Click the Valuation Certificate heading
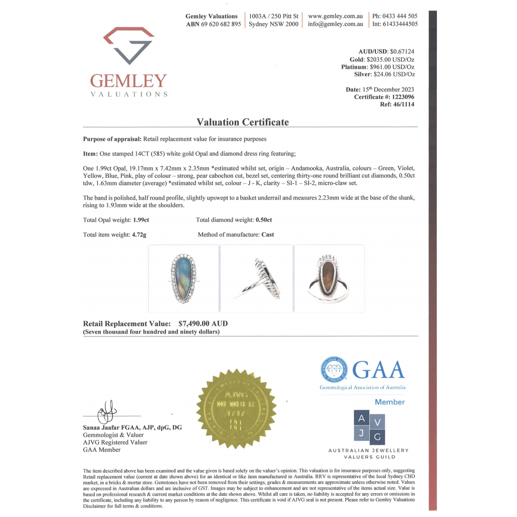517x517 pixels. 242,122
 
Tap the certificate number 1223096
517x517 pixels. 401,97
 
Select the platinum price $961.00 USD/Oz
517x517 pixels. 392,67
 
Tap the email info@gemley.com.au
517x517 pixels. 335,24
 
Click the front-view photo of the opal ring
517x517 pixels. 184,279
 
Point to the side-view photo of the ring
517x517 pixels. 257,279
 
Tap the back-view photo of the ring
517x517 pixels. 329,279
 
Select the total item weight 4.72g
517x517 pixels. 140,234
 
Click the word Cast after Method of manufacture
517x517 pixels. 268,234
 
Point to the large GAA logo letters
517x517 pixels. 379,370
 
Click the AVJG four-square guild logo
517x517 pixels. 369,427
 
